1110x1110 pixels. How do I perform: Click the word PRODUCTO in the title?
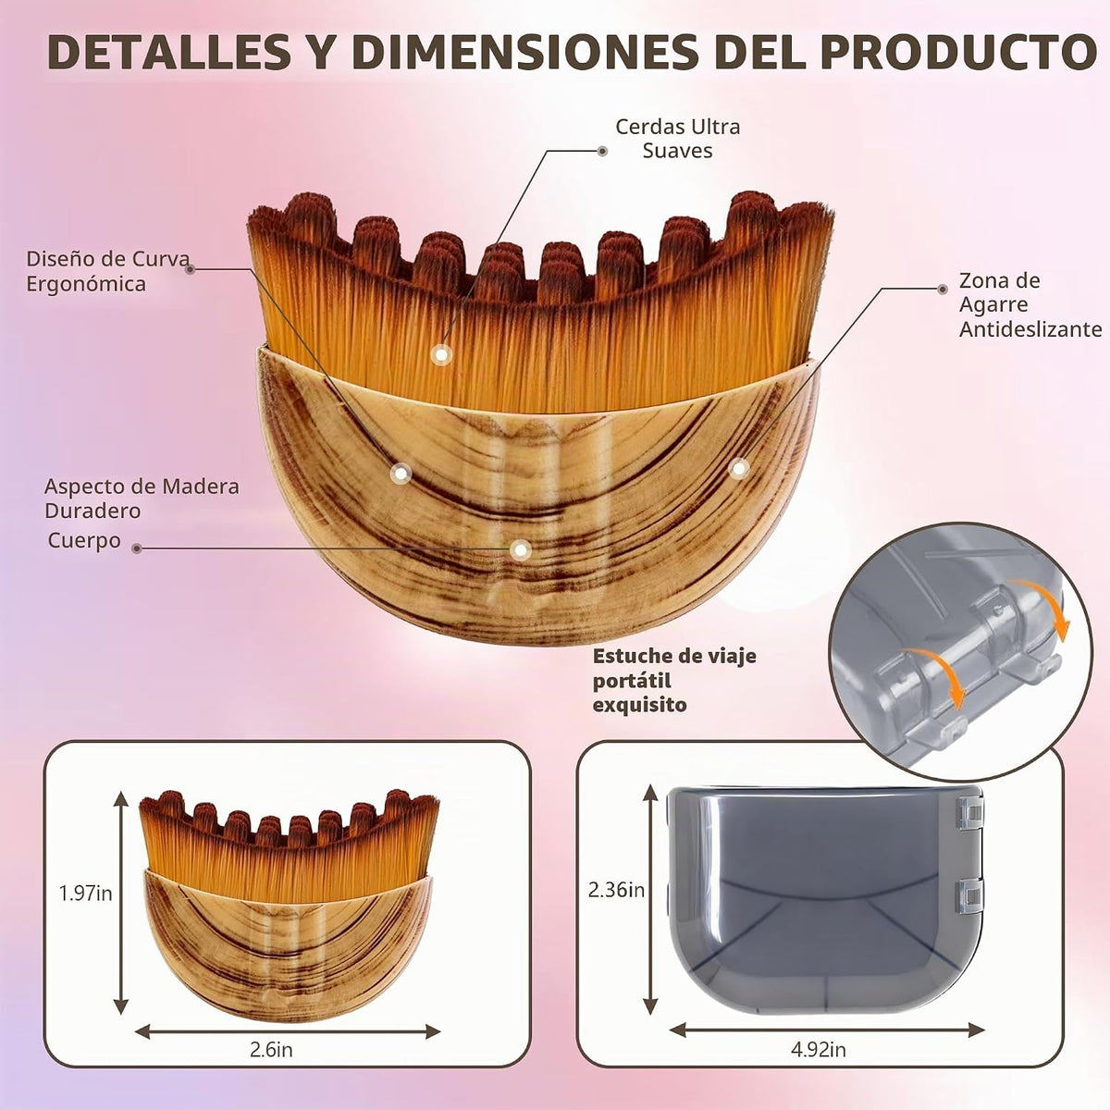pyautogui.click(x=959, y=52)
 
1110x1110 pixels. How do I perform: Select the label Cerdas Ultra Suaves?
pyautogui.click(x=677, y=138)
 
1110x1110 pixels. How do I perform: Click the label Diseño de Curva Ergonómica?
pyautogui.click(x=107, y=271)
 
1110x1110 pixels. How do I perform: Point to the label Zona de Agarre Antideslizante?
pyautogui.click(x=1030, y=304)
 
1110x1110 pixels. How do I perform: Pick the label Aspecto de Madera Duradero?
pyautogui.click(x=142, y=499)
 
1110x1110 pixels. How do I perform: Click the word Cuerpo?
pyautogui.click(x=84, y=541)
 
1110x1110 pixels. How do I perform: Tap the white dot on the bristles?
pyautogui.click(x=441, y=355)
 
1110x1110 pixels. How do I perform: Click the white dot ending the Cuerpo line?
pyautogui.click(x=521, y=550)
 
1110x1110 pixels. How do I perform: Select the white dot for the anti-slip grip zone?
pyautogui.click(x=738, y=469)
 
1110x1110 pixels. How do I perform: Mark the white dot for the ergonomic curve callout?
pyautogui.click(x=401, y=473)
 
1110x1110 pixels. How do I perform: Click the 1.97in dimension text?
pyautogui.click(x=86, y=894)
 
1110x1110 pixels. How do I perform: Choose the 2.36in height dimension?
pyautogui.click(x=616, y=890)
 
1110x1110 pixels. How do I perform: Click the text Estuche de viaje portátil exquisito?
pyautogui.click(x=674, y=680)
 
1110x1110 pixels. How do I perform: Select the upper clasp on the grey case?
pyautogui.click(x=970, y=812)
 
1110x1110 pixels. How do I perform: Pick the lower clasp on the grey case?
pyautogui.click(x=970, y=895)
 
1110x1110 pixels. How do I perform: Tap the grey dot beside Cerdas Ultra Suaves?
pyautogui.click(x=602, y=151)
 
